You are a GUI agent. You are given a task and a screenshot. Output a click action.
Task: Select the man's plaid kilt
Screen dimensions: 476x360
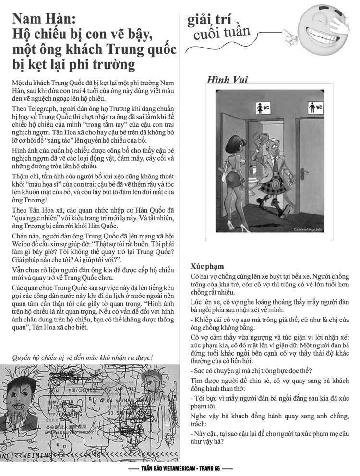click(x=272, y=187)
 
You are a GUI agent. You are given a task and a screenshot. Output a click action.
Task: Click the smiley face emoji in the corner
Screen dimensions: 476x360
click(x=323, y=24)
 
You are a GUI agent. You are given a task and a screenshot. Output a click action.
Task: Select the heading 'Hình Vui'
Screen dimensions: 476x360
click(x=227, y=79)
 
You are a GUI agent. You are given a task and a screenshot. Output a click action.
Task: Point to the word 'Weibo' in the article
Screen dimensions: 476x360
click(x=24, y=244)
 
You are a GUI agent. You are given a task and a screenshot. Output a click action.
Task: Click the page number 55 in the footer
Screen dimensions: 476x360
click(x=215, y=468)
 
